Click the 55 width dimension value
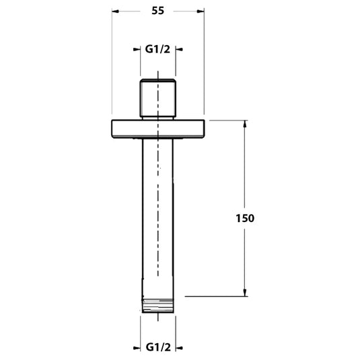pyautogui.click(x=157, y=11)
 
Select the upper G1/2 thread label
pyautogui.click(x=157, y=49)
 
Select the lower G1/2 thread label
pyautogui.click(x=157, y=348)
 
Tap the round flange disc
pyautogui.click(x=157, y=128)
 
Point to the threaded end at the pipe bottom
pyautogui.click(x=157, y=303)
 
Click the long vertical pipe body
pyautogui.click(x=157, y=215)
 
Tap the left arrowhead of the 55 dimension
pyautogui.click(x=115, y=11)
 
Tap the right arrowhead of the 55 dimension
pyautogui.click(x=200, y=11)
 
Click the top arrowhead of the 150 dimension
pyautogui.click(x=244, y=124)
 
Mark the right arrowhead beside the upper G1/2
pyautogui.click(x=180, y=49)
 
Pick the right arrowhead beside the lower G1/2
pyautogui.click(x=180, y=348)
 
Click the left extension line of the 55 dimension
pyautogui.click(x=110, y=67)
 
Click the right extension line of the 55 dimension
pyautogui.click(x=204, y=67)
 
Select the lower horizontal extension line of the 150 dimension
pyautogui.click(x=215, y=295)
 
